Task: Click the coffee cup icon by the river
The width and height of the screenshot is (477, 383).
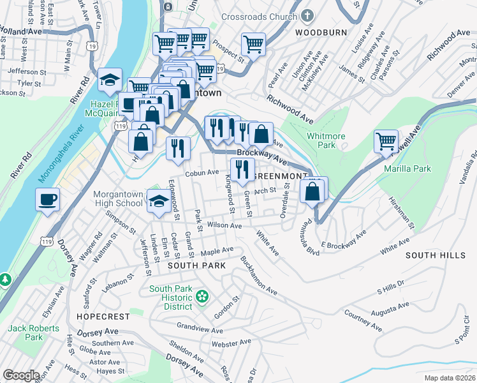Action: click(x=48, y=200)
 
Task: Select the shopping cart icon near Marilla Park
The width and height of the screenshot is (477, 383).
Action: click(x=386, y=142)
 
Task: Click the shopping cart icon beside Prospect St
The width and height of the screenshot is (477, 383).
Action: click(x=253, y=45)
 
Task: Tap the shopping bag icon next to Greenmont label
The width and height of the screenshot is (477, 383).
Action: click(x=312, y=190)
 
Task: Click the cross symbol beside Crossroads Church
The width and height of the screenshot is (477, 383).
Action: click(x=307, y=15)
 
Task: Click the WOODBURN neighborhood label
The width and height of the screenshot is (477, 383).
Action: click(x=320, y=31)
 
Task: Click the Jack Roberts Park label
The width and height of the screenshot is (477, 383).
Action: click(x=33, y=333)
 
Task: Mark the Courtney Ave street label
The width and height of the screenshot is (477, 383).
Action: click(x=363, y=320)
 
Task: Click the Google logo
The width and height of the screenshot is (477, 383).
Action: click(x=21, y=375)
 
